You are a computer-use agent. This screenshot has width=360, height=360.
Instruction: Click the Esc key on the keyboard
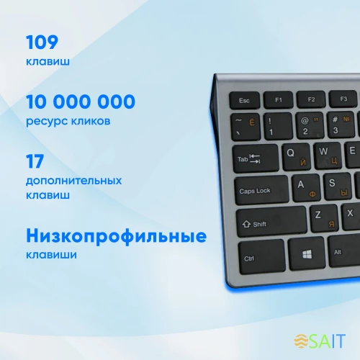244,99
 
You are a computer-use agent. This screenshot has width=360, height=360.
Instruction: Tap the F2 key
310,99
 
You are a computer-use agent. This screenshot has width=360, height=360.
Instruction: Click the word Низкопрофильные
116,236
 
